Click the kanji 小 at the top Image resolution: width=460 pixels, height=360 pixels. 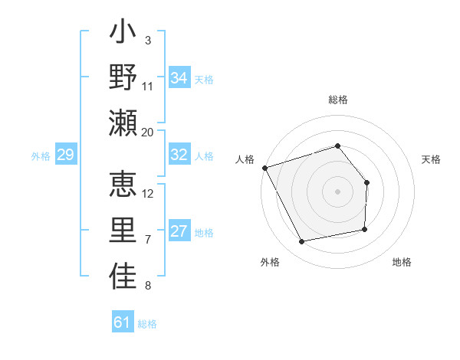[x=123, y=34]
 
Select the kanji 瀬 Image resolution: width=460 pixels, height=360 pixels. [x=123, y=123]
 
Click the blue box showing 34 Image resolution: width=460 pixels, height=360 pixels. [x=179, y=78]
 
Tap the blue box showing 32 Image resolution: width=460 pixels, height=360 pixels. [x=179, y=155]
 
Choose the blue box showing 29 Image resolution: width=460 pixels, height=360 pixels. [x=66, y=155]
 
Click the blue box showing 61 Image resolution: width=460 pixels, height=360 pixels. [x=123, y=322]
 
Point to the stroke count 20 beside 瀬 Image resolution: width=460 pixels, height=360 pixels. [x=148, y=132]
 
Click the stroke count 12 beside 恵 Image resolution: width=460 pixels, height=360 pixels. [x=148, y=194]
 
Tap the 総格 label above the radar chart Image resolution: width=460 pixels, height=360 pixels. [x=338, y=100]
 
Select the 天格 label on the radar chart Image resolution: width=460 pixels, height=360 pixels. [x=432, y=159]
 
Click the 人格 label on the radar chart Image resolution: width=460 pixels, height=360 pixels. [x=245, y=159]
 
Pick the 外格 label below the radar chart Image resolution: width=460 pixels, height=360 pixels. [x=270, y=262]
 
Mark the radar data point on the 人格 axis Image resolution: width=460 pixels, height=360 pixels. [x=264, y=168]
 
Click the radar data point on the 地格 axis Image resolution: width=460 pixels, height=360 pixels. [x=365, y=229]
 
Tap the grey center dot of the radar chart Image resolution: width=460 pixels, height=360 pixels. [x=337, y=191]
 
